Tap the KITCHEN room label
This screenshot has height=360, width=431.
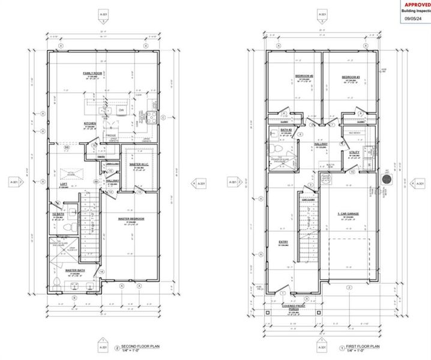(x=90, y=124)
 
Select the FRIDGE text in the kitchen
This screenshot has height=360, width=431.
(x=112, y=136)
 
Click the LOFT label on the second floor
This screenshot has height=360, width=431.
(x=63, y=184)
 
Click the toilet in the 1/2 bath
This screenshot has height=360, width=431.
(x=70, y=226)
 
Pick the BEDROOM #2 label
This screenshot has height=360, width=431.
(x=302, y=76)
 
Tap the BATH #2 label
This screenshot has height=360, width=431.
(x=286, y=130)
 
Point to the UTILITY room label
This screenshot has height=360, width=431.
(x=354, y=152)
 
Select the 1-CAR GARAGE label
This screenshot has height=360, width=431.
(x=349, y=215)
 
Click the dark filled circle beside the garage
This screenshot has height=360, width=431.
(x=387, y=179)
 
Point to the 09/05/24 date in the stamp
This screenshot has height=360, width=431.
(x=413, y=18)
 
